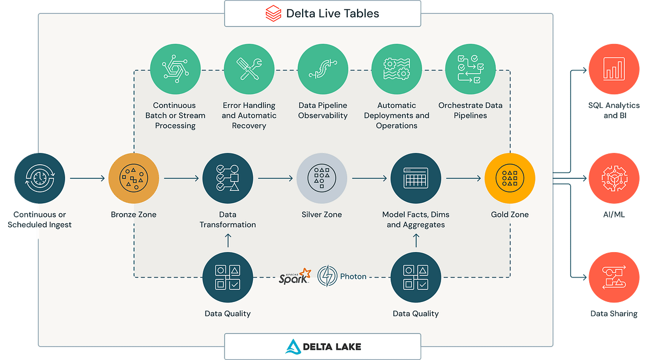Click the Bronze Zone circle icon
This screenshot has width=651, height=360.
(133, 178)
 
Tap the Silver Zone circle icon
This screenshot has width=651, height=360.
(322, 178)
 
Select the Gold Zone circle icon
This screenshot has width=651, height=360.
(510, 178)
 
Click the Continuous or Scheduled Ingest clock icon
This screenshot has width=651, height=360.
(40, 178)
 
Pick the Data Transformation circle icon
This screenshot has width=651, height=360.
(228, 178)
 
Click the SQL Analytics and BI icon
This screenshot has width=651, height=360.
(614, 69)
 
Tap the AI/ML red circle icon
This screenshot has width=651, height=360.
(614, 178)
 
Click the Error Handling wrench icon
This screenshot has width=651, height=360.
(249, 69)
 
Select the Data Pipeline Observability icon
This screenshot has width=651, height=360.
(323, 69)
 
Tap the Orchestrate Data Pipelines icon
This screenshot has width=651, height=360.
(470, 69)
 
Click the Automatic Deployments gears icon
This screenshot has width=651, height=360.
(397, 69)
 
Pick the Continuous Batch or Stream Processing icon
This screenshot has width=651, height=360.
(175, 69)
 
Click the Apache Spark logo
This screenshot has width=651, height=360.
(295, 276)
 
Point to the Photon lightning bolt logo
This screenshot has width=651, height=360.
(327, 276)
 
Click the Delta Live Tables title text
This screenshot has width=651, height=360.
(333, 14)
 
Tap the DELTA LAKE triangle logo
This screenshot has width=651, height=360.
(293, 346)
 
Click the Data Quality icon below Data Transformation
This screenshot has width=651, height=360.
(228, 278)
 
